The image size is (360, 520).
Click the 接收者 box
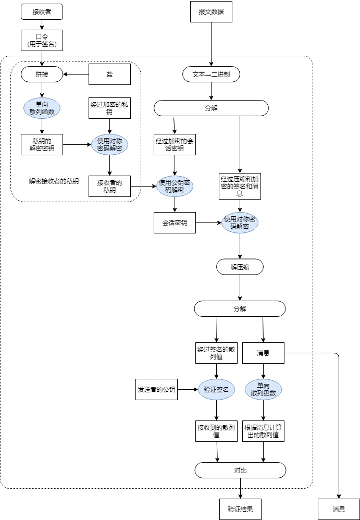click(x=42, y=11)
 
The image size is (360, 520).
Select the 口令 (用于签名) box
click(x=42, y=40)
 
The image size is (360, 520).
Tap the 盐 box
click(x=109, y=75)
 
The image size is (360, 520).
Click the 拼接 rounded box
click(x=42, y=75)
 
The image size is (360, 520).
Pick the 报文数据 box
click(x=211, y=12)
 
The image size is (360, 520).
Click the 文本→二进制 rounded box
click(x=211, y=75)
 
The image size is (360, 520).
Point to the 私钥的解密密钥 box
click(x=42, y=144)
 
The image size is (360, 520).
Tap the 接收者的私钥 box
click(x=109, y=186)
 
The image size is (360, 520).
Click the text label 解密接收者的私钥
click(x=54, y=181)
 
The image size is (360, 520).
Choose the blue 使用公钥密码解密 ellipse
click(x=175, y=186)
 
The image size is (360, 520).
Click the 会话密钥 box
click(x=175, y=223)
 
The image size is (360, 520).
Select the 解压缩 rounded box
click(x=240, y=267)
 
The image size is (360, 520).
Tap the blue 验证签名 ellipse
click(x=216, y=389)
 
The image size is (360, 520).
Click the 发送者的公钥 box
click(x=156, y=389)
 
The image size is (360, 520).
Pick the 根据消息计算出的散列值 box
click(x=263, y=431)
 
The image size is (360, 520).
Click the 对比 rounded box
click(x=240, y=470)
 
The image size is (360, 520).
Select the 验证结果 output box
click(x=240, y=509)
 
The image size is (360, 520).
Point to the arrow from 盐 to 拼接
click(x=76, y=75)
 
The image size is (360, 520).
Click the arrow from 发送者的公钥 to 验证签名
click(x=188, y=389)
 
